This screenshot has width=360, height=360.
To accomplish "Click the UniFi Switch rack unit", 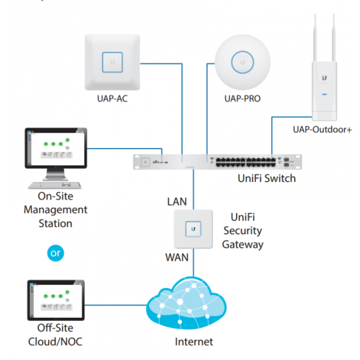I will (x=219, y=161).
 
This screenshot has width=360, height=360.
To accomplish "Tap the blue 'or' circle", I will (x=56, y=252).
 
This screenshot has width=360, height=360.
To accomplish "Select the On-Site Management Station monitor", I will (x=55, y=149).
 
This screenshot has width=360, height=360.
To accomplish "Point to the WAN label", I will (x=177, y=257).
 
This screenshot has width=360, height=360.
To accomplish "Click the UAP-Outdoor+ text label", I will (x=321, y=129).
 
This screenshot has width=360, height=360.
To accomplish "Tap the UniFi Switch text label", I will (x=266, y=178).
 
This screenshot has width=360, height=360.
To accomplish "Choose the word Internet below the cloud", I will (x=194, y=342).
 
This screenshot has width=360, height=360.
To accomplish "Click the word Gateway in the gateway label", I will (x=243, y=244).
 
